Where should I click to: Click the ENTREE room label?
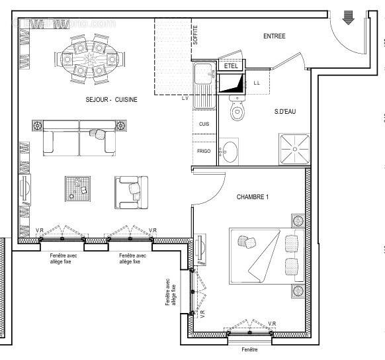point(274,36)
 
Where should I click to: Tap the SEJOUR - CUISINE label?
point(112,99)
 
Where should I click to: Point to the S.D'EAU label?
point(284,111)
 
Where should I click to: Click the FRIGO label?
point(204,152)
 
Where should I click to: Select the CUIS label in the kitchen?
point(204,124)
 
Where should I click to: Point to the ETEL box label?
point(230,66)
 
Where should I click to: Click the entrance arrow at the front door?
point(349,19)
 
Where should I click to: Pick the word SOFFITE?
point(195,33)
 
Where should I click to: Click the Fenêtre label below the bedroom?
point(249,349)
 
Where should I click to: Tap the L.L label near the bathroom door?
point(257,83)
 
